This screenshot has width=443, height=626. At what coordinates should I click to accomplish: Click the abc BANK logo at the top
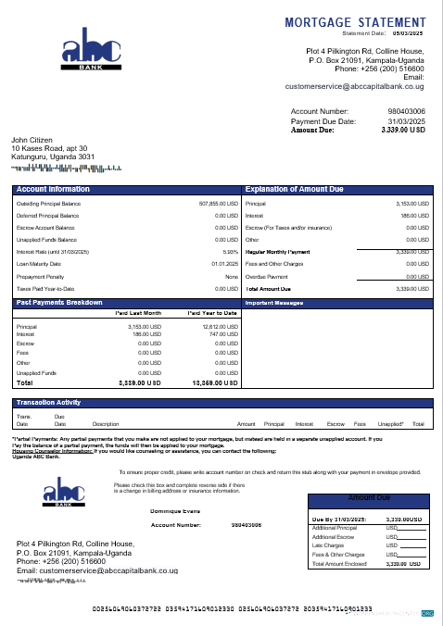point(92,56)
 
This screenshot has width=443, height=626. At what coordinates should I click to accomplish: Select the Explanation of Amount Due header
point(295,188)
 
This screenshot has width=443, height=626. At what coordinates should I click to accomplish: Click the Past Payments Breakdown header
point(59,303)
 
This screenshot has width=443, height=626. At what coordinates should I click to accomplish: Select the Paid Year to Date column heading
point(213,314)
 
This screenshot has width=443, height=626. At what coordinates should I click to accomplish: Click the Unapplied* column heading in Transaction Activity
point(390,423)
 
